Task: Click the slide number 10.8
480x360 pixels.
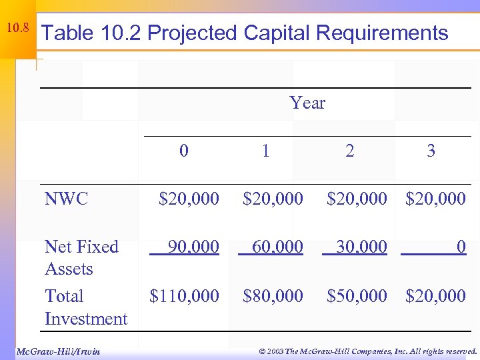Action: pyautogui.click(x=17, y=29)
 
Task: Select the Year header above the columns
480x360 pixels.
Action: pyautogui.click(x=307, y=103)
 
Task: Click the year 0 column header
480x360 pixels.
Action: pyautogui.click(x=184, y=151)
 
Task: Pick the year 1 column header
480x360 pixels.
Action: pyautogui.click(x=266, y=151)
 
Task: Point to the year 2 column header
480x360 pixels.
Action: pyautogui.click(x=349, y=151)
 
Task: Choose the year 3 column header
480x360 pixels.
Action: pyautogui.click(x=431, y=151)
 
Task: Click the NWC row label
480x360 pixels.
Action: pyautogui.click(x=66, y=199)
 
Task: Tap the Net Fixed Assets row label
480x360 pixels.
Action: pyautogui.click(x=81, y=258)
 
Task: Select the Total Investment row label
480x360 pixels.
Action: pyautogui.click(x=85, y=307)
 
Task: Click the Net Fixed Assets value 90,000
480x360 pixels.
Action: pyautogui.click(x=193, y=247)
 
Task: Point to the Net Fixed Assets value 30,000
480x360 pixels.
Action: pyautogui.click(x=361, y=247)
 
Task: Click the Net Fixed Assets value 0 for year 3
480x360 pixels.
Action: pyautogui.click(x=461, y=247)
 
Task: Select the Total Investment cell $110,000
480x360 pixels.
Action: pyautogui.click(x=184, y=296)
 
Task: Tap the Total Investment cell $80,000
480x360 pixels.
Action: pyautogui.click(x=273, y=296)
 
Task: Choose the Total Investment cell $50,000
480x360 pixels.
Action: pyautogui.click(x=357, y=296)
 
